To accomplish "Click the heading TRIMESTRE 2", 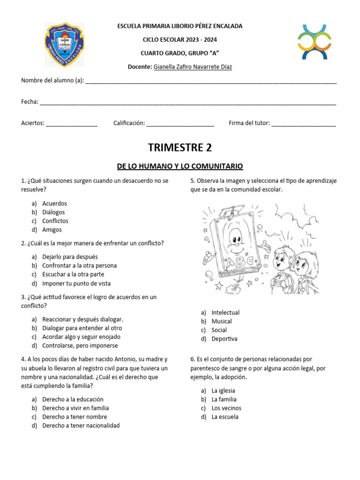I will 180,148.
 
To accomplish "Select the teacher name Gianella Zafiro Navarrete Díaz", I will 193,67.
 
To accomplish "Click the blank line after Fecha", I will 188,103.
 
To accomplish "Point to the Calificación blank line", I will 180,124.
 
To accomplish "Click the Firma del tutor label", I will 249,123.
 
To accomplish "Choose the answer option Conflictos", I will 55,221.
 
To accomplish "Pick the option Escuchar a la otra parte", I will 73,274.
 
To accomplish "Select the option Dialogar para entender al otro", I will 82,328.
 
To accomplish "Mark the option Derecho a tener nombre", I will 75,417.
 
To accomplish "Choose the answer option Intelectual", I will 225,312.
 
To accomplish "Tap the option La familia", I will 224,399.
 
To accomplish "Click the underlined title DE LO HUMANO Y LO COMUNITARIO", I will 180,166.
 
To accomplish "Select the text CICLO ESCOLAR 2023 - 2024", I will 180,40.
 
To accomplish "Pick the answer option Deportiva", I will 225,338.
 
